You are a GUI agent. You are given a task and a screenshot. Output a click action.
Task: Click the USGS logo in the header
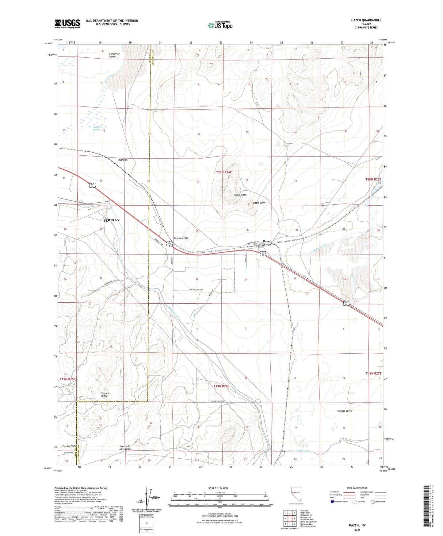pos(67,23)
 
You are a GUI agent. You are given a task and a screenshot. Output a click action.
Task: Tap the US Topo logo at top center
pos(220,25)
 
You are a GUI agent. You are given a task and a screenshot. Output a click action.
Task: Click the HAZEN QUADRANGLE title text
pos(366,20)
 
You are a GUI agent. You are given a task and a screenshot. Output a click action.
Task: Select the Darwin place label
pos(122,160)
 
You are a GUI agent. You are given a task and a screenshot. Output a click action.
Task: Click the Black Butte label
pos(240,195)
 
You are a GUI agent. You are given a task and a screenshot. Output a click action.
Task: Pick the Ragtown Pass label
pos(181,238)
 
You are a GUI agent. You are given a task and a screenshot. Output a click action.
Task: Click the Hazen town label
pos(267,241)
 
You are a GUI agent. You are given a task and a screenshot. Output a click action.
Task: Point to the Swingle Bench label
pos(344,411)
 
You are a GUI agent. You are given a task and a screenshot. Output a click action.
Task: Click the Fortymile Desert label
pos(115,55)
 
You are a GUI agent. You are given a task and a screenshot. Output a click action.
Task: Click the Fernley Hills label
pos(69,446)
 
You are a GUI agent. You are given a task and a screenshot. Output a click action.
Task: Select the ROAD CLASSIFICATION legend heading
pos(357,488)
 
